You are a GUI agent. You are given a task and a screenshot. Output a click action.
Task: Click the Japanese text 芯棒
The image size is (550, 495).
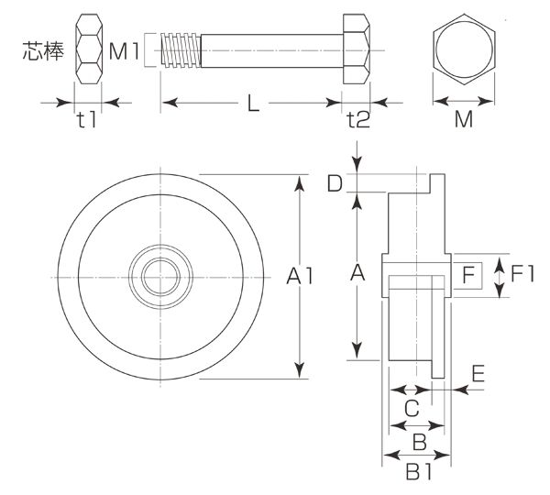click(43, 50)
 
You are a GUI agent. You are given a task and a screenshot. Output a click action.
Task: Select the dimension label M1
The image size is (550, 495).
click(124, 51)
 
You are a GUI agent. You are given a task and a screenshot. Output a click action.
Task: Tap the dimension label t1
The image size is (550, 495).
click(87, 120)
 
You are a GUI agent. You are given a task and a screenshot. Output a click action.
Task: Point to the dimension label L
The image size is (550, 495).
click(253, 104)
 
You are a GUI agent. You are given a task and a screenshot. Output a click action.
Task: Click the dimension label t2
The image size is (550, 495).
click(358, 120)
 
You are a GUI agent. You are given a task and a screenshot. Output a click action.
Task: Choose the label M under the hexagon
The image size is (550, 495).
click(464, 119)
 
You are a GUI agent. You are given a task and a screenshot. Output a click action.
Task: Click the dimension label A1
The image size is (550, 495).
click(300, 275)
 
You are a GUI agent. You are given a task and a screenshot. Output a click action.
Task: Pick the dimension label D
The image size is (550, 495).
click(335, 183)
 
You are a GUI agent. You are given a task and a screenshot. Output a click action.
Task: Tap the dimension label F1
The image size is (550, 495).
click(522, 274)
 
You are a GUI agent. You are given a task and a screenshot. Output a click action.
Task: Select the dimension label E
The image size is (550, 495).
click(478, 373)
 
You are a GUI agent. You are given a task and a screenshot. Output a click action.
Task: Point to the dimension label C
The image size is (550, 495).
click(412, 408)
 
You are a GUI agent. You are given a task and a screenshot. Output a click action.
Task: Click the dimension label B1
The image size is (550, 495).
click(419, 471)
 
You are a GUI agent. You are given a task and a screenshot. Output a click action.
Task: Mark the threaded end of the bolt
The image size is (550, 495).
click(181, 50)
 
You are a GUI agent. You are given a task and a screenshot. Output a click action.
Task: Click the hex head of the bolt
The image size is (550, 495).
click(357, 49)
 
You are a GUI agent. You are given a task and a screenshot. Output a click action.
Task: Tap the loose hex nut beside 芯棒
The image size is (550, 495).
click(89, 49)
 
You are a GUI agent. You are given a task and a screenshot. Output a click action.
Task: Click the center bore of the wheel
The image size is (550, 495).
click(160, 277)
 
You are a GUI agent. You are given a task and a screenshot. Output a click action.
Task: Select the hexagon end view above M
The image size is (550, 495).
click(464, 49)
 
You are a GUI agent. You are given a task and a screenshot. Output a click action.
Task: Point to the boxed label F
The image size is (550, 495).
click(467, 275)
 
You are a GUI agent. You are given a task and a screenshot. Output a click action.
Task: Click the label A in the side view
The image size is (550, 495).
click(357, 272)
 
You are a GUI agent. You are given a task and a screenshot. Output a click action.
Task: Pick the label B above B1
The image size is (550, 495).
click(420, 442)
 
